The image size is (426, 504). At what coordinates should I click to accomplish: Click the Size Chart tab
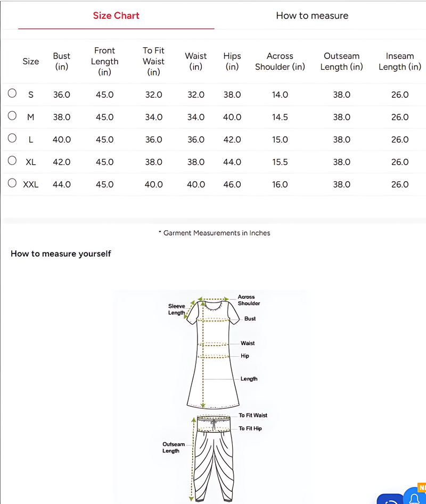116,15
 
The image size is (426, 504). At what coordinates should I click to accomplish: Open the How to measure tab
312,15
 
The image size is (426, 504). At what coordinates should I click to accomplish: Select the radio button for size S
12,94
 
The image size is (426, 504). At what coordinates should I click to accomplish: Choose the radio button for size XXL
12,183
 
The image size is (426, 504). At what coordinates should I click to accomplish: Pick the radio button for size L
12,138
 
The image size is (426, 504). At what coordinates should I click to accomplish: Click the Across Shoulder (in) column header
280,61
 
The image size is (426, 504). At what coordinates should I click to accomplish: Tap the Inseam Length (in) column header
399,61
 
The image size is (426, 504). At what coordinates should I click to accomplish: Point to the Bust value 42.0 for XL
62,162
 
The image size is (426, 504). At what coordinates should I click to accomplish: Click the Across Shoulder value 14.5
280,117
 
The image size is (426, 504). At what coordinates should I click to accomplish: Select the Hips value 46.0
232,184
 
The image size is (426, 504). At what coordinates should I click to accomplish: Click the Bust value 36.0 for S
62,95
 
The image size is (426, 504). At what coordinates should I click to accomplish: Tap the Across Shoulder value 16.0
280,184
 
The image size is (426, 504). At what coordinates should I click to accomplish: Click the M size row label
30,117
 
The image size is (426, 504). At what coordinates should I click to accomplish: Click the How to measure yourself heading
61,254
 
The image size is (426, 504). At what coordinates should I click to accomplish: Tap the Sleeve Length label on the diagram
177,309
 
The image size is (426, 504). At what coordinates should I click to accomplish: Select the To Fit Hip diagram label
250,429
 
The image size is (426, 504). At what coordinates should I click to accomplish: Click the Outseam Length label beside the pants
174,448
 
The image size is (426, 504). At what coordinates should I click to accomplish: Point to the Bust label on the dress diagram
250,318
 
